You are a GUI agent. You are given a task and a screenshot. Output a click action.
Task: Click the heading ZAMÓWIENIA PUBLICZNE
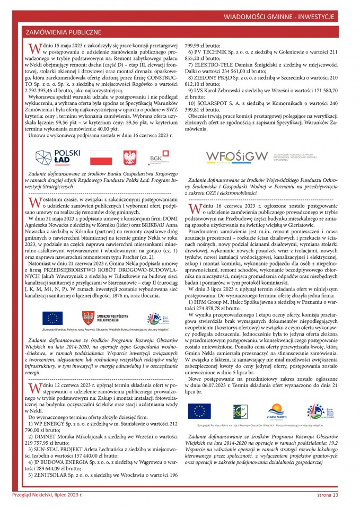[x=64, y=32]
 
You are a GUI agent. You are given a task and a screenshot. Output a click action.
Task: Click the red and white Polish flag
[x=101, y=157]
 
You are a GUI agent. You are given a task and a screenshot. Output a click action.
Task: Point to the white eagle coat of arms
[x=129, y=157]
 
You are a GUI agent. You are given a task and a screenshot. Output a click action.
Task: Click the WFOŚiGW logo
[x=237, y=157]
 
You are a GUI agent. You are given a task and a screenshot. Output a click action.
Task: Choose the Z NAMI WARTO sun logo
[x=277, y=410]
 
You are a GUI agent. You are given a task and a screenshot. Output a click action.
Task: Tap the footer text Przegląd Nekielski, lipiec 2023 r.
[x=48, y=495]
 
